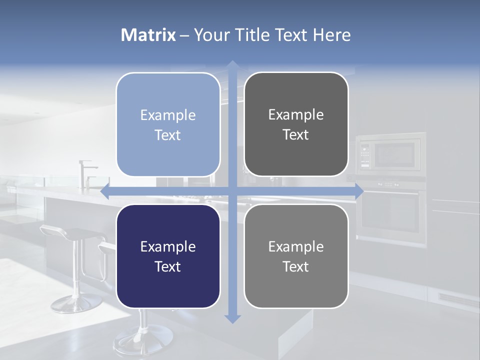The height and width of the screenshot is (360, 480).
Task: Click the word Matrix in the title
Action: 148,35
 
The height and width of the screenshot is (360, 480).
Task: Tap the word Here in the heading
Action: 331,35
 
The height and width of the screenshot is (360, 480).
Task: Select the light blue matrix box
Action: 168,124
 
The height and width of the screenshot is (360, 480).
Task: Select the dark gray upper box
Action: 296,124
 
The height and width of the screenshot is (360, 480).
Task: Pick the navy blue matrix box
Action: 168,256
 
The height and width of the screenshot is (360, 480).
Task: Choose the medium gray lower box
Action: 296,256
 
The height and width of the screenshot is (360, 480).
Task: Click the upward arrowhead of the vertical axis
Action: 232,65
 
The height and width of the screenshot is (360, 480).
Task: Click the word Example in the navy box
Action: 168,246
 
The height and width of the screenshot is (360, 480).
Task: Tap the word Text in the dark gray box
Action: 296,134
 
